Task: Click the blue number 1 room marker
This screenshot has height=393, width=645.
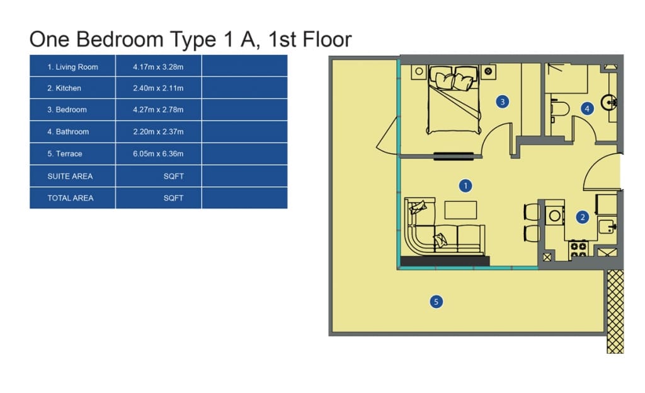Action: click(x=465, y=186)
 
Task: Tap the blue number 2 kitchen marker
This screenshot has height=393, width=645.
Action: click(x=582, y=217)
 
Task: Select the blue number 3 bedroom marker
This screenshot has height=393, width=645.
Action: click(x=502, y=102)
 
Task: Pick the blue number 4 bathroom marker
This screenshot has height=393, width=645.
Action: click(x=587, y=109)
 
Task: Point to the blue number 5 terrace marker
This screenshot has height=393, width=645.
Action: click(x=436, y=302)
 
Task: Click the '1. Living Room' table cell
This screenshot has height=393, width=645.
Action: click(x=72, y=67)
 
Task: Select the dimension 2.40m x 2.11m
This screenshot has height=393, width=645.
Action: click(x=158, y=88)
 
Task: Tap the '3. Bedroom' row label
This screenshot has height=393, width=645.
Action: click(x=67, y=110)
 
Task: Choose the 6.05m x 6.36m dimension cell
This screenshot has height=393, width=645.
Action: click(x=158, y=154)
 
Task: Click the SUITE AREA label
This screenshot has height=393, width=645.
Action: click(x=70, y=177)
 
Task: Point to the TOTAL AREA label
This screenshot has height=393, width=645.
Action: click(x=71, y=198)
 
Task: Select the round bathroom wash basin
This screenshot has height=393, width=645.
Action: click(x=608, y=102)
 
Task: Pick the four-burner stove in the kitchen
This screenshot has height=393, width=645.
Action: click(x=578, y=249)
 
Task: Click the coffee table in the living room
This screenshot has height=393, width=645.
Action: click(x=460, y=210)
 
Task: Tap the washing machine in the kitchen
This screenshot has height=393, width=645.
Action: click(x=554, y=216)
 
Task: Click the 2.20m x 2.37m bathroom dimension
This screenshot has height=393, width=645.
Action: click(x=158, y=132)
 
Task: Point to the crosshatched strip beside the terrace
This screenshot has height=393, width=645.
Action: click(x=615, y=312)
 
